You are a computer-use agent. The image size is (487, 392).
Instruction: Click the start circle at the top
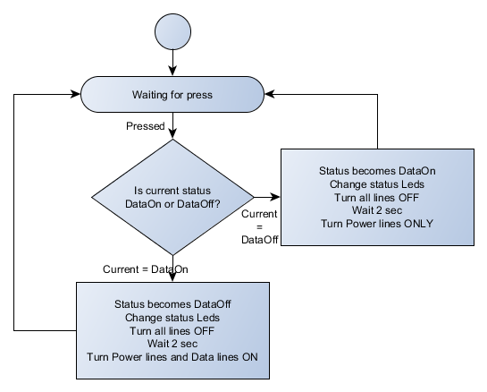click(x=172, y=31)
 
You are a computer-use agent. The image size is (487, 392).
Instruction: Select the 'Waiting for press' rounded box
click(x=172, y=94)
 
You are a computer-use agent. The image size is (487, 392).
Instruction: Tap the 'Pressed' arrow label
click(x=146, y=126)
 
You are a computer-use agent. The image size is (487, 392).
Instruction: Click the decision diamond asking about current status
click(x=172, y=197)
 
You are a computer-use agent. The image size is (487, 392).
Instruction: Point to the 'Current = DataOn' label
click(x=146, y=269)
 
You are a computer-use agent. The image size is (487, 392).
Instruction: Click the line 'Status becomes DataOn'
click(x=377, y=171)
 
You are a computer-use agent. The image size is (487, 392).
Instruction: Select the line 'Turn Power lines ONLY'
click(x=377, y=224)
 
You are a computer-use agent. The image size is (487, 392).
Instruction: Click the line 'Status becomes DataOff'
click(x=172, y=304)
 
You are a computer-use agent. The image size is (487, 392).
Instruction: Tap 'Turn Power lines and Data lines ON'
click(x=172, y=357)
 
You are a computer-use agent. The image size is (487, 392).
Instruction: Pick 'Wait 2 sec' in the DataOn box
click(x=377, y=210)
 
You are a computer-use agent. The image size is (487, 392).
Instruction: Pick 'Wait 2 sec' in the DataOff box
click(x=172, y=344)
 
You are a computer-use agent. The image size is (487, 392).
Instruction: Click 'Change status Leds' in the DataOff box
click(x=172, y=318)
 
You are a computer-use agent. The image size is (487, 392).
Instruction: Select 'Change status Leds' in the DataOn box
click(x=377, y=184)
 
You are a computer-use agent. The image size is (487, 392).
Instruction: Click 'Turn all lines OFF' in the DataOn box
click(x=377, y=198)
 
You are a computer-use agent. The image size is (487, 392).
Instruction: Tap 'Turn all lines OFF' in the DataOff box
click(x=172, y=331)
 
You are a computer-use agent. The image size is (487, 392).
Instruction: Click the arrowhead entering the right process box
click(x=275, y=197)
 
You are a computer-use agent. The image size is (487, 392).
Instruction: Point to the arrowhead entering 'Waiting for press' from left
click(x=76, y=94)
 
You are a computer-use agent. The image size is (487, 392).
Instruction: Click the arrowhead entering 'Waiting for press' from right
click(x=269, y=94)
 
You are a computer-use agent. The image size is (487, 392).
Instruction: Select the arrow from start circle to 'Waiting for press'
click(x=172, y=63)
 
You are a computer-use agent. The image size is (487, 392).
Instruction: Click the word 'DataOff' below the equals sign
click(x=260, y=240)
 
